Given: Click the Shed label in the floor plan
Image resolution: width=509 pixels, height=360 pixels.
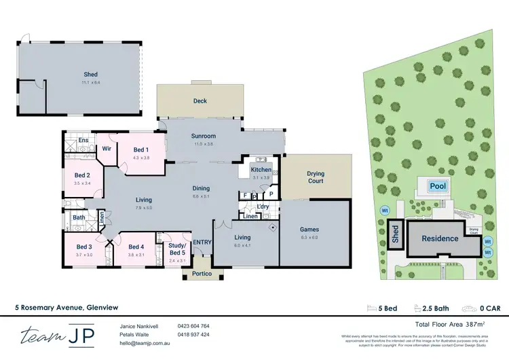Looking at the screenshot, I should [x=91, y=75].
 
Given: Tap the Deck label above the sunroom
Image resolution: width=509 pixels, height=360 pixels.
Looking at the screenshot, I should [x=200, y=101].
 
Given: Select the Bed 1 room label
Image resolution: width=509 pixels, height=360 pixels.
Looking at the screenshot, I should [x=141, y=149].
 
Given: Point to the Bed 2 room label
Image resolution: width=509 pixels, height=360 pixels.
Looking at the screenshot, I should [x=83, y=175].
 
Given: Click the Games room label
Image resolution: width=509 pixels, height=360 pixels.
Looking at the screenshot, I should [x=309, y=230].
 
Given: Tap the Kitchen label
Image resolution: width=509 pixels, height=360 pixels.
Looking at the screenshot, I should [x=261, y=169].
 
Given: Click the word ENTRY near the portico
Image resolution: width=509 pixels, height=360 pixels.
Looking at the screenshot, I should [x=202, y=242].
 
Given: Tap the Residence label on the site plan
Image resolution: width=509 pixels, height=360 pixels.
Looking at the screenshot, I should [x=440, y=238].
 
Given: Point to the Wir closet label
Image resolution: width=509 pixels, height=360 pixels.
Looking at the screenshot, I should [x=107, y=147].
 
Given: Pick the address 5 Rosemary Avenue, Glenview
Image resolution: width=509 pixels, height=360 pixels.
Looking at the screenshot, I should [x=59, y=307].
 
